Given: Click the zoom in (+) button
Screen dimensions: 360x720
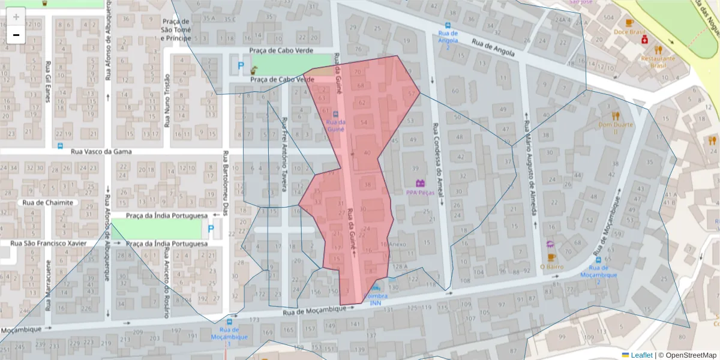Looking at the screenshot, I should pyautogui.click(x=16, y=16).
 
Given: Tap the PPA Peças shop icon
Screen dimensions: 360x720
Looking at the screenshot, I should pyautogui.click(x=420, y=183).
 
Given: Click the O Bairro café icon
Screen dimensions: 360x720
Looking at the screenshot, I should pyautogui.click(x=550, y=244).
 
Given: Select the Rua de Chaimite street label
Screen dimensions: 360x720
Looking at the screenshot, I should pyautogui.click(x=48, y=202).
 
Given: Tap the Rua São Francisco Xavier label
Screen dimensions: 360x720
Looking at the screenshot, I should pyautogui.click(x=48, y=243).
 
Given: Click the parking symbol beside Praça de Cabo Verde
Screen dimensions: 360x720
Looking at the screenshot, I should pyautogui.click(x=241, y=65).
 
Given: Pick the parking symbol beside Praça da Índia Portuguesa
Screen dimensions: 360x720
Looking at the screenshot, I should pyautogui.click(x=210, y=229).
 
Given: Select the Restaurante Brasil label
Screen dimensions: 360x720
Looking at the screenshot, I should pyautogui.click(x=658, y=62).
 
